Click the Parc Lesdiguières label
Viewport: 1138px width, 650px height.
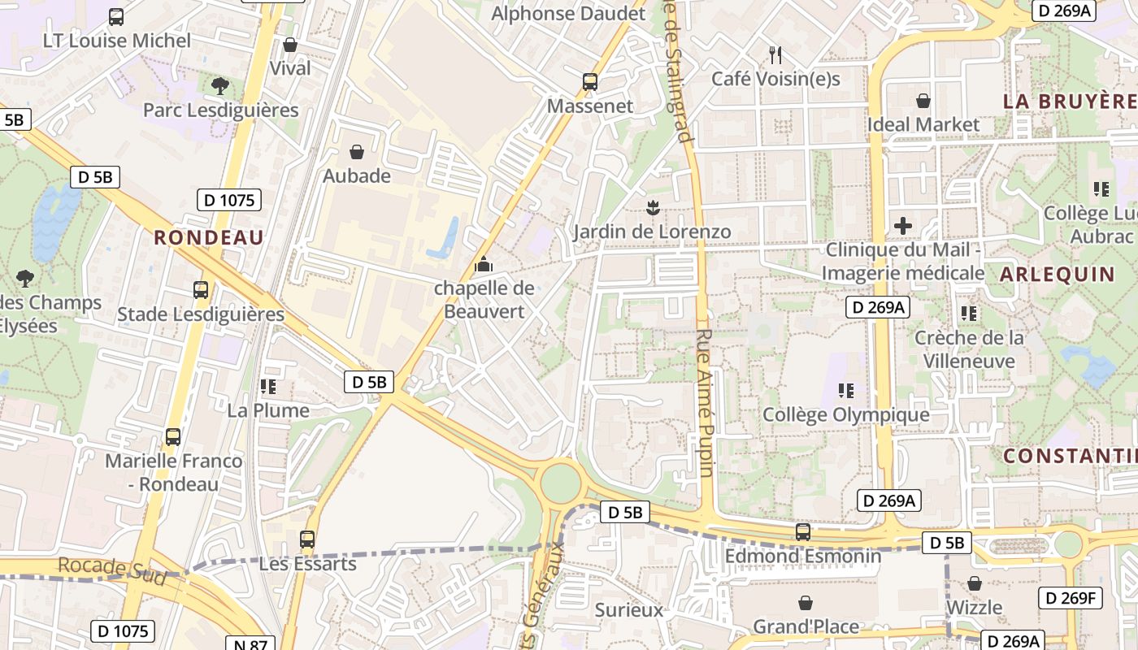coord(220,110)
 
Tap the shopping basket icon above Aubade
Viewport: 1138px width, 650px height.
coord(356,152)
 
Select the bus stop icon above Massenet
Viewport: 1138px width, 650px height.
coord(590,82)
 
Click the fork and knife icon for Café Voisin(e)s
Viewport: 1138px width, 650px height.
coord(775,55)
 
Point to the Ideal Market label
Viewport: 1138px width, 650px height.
coord(923,124)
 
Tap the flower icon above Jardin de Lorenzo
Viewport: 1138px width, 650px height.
coord(652,207)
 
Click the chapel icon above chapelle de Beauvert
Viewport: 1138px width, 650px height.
coord(484,264)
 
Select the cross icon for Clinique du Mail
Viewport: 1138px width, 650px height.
coord(902,226)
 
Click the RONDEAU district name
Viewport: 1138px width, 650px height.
coord(209,237)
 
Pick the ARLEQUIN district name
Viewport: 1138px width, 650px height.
coord(1057,275)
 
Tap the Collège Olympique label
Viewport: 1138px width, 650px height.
coord(845,414)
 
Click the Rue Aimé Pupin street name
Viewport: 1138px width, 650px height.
coord(705,402)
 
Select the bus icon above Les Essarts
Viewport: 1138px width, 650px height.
coord(307,539)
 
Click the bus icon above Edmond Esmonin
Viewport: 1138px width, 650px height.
coord(803,532)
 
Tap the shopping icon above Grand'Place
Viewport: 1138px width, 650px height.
coord(806,603)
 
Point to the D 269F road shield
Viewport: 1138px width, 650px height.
coord(1069,599)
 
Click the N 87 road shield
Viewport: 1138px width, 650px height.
coord(250,644)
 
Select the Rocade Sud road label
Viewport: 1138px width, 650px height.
coord(111,570)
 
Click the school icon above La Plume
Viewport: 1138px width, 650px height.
coord(268,387)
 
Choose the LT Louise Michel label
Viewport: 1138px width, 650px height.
coord(118,41)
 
